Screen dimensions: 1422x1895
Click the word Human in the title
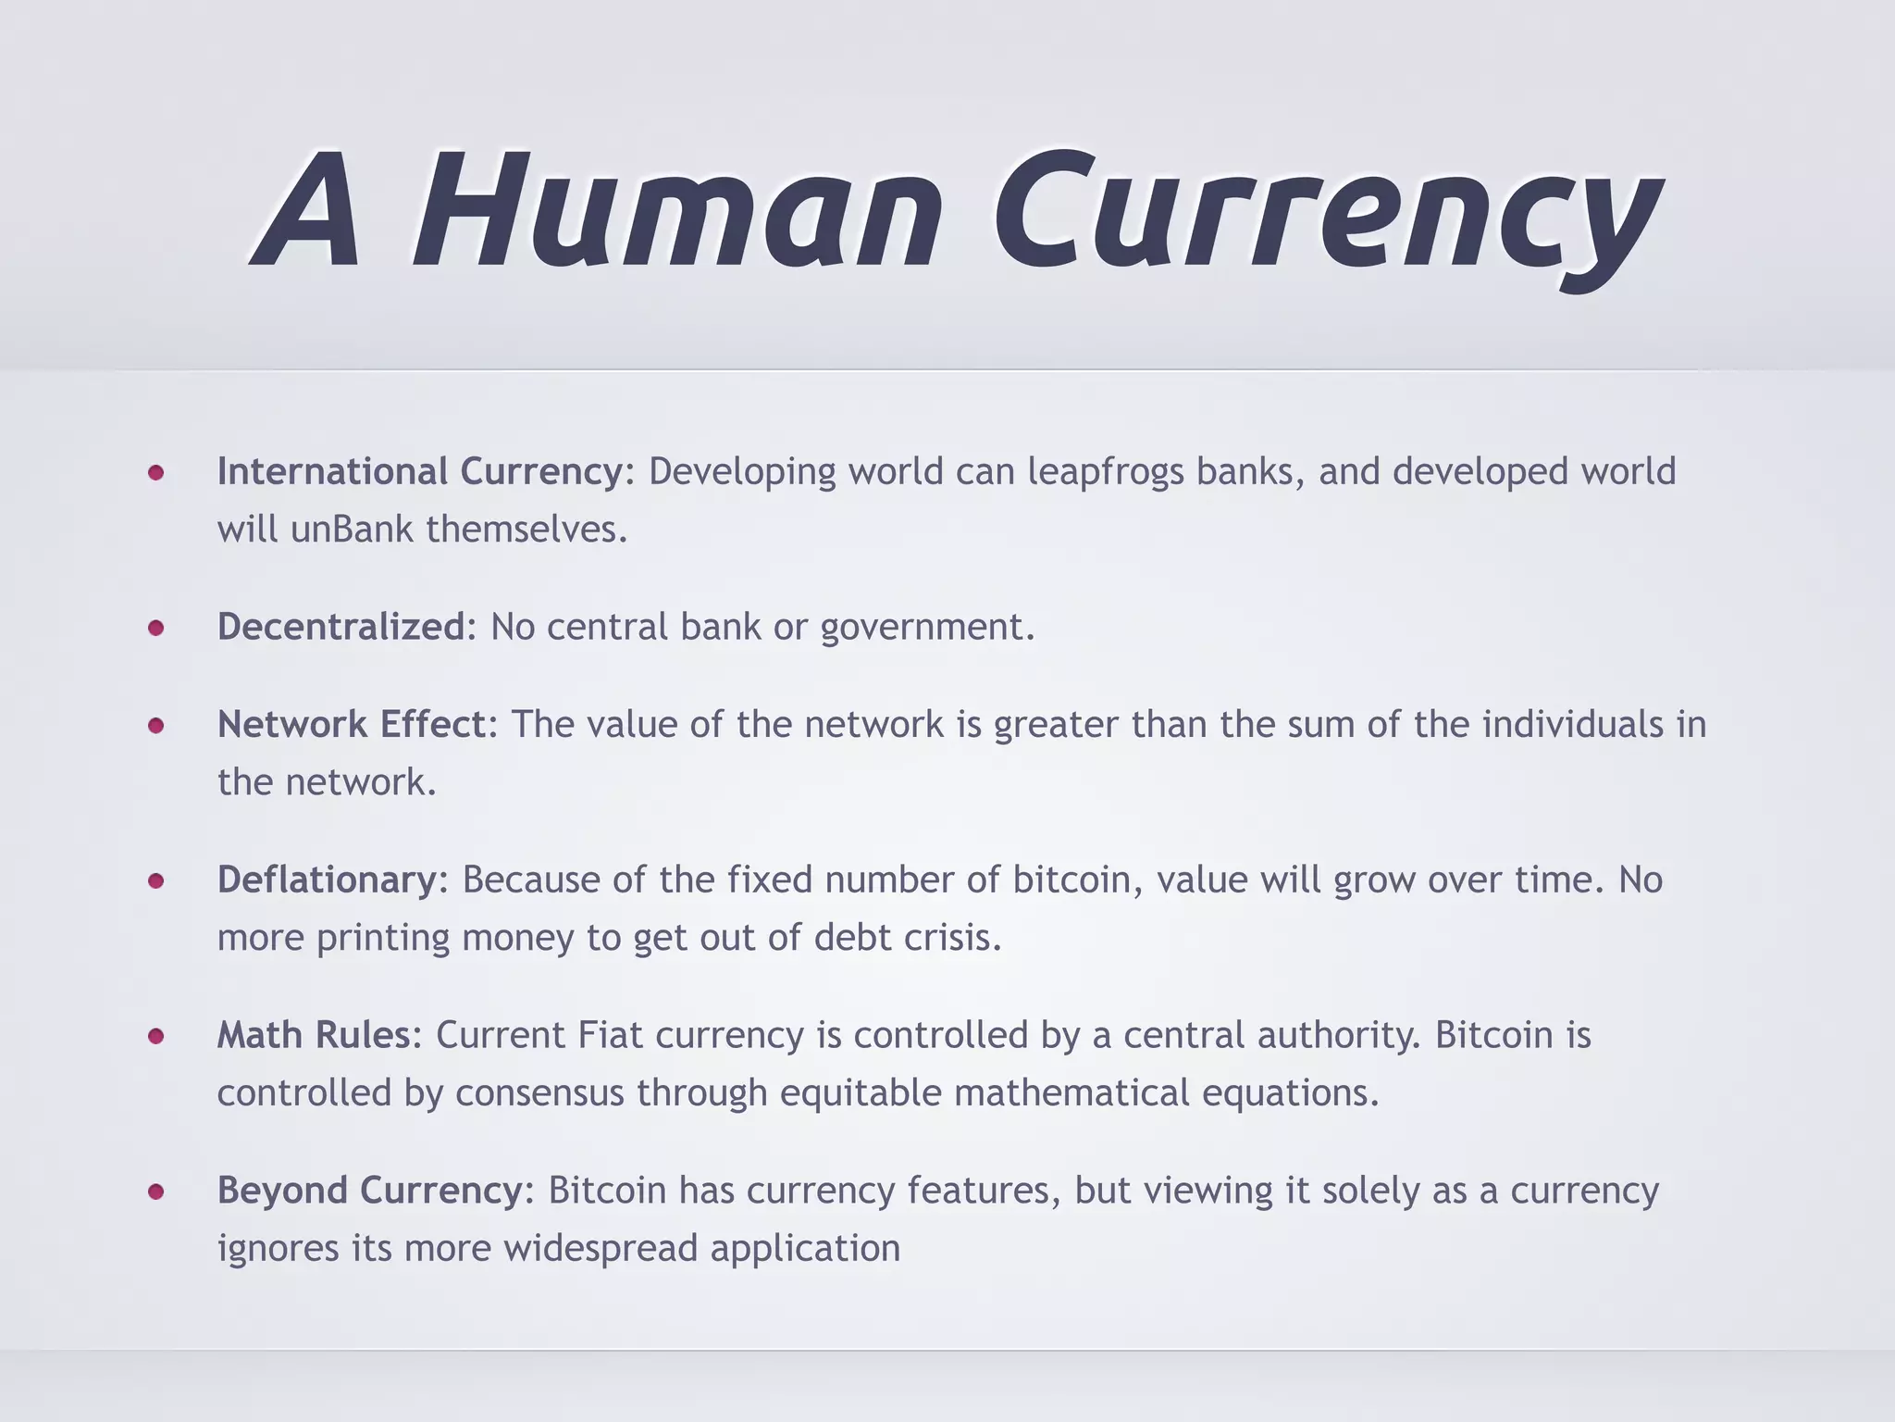pyautogui.click(x=675, y=212)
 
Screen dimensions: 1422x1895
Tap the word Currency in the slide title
pyautogui.click(x=1328, y=215)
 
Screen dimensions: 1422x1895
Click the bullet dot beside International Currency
pyautogui.click(x=156, y=473)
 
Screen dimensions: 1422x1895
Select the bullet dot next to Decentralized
pyautogui.click(x=156, y=629)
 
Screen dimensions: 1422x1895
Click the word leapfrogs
pyautogui.click(x=1106, y=473)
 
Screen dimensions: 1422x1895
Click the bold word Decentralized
pyautogui.click(x=341, y=628)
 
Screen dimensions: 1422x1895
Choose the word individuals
pyautogui.click(x=1572, y=725)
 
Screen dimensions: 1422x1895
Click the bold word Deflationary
pyautogui.click(x=327, y=880)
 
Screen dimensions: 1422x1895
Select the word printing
pyautogui.click(x=382, y=939)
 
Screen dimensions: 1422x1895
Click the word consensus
pyautogui.click(x=539, y=1093)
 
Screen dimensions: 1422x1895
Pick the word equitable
pyautogui.click(x=861, y=1093)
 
